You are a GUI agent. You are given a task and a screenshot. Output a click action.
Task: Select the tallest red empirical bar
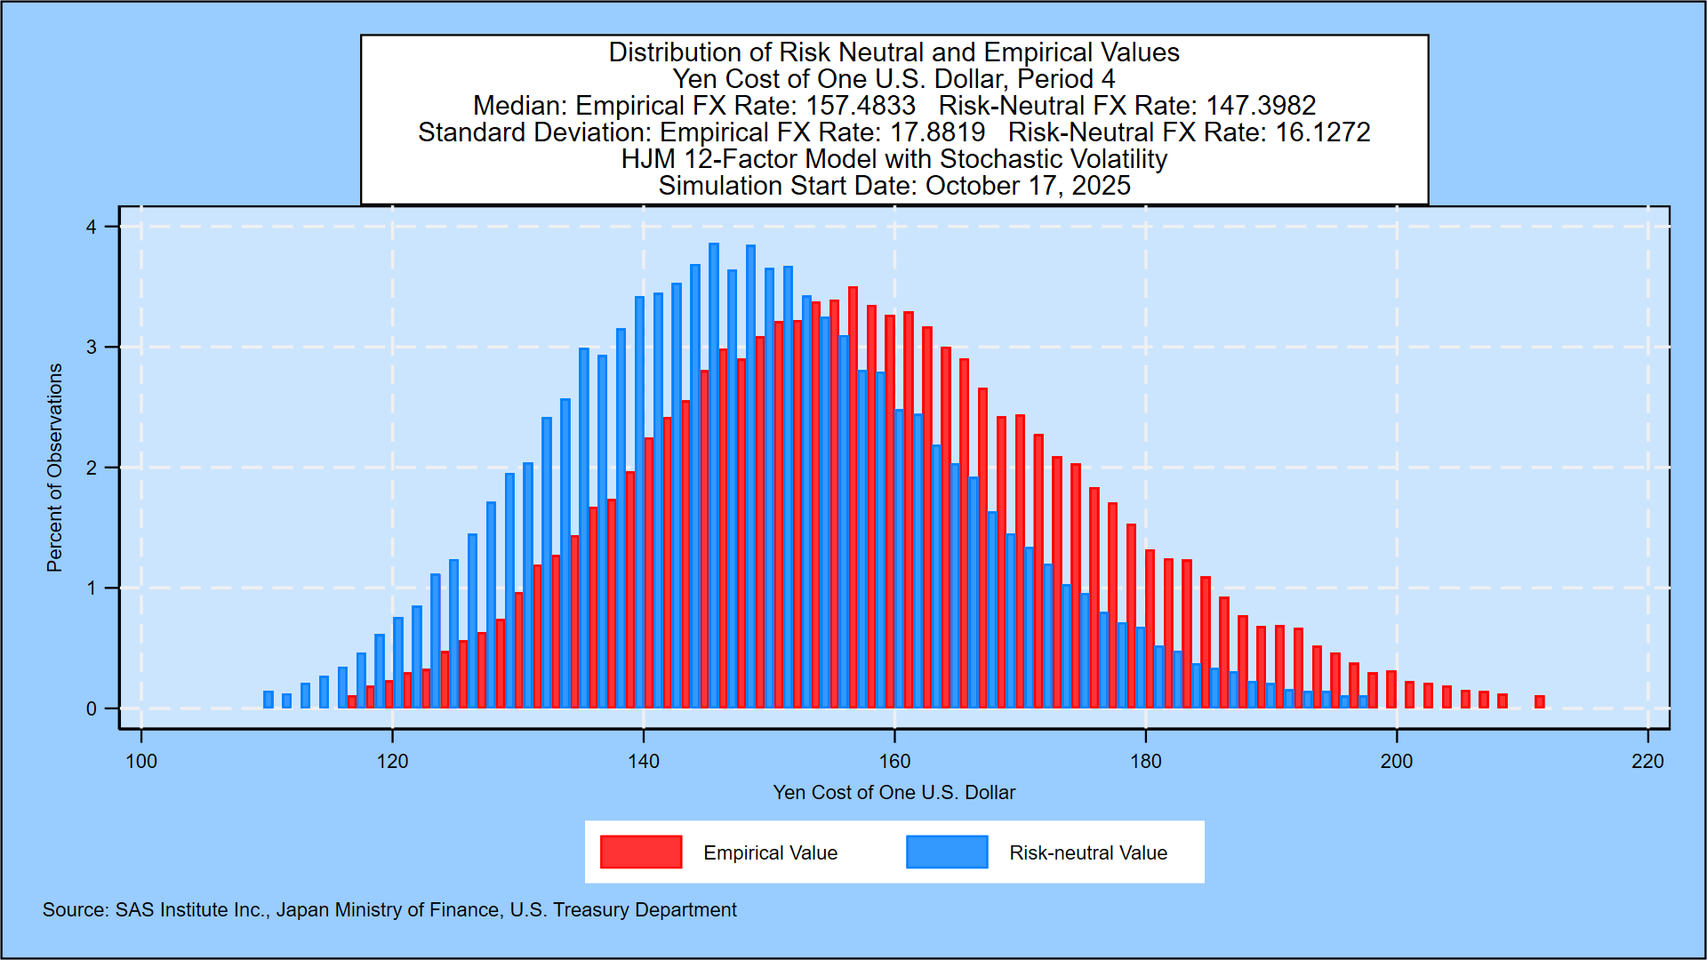tap(853, 498)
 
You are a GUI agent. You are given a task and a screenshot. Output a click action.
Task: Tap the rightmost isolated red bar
tap(1540, 701)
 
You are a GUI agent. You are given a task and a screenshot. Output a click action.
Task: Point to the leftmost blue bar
tap(268, 700)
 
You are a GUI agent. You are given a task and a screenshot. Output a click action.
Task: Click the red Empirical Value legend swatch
tap(641, 852)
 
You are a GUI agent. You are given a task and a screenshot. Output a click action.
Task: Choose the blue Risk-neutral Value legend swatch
tap(947, 852)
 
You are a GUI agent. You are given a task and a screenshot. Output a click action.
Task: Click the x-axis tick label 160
tap(894, 762)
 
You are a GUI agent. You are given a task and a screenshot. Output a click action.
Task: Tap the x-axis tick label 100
tap(141, 762)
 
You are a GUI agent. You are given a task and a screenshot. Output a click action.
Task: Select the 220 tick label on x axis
tap(1647, 762)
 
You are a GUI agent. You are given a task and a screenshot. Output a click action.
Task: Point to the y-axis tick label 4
tap(92, 228)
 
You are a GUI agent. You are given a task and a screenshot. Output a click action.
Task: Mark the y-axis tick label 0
tap(92, 709)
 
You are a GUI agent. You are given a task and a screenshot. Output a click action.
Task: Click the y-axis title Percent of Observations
tap(55, 468)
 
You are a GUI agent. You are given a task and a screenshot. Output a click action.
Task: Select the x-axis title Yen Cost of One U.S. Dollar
tap(894, 792)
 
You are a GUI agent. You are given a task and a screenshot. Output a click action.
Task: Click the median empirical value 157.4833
tap(861, 106)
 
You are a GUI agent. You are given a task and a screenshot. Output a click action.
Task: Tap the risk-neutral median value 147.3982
tap(1261, 106)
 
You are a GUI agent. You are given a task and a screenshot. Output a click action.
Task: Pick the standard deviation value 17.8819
tap(938, 132)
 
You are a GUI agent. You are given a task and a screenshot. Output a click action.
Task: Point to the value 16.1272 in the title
tap(1323, 132)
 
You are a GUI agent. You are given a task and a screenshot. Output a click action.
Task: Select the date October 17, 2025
tap(1028, 186)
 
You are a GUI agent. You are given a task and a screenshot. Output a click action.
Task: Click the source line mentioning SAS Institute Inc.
tap(389, 909)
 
